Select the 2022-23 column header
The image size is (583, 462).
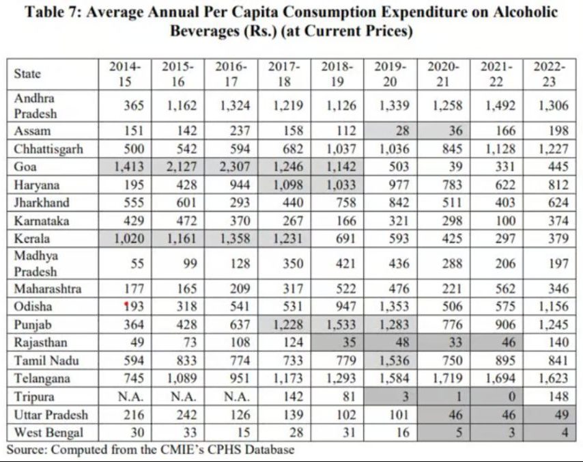click(x=550, y=74)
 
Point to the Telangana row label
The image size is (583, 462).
click(x=41, y=378)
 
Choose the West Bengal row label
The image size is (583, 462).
click(x=44, y=433)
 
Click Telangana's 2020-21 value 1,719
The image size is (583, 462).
click(x=444, y=378)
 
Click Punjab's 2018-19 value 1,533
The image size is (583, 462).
click(x=339, y=324)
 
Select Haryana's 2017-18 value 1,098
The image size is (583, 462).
click(x=285, y=183)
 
